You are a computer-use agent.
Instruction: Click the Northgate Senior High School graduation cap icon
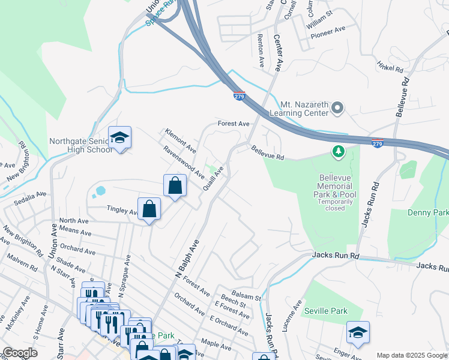[119, 138]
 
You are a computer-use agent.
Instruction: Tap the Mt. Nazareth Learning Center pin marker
[337, 109]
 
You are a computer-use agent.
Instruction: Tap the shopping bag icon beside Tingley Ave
[149, 209]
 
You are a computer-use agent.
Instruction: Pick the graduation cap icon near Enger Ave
[358, 332]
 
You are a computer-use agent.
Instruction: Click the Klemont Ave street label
[181, 139]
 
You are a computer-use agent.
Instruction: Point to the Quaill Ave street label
[215, 178]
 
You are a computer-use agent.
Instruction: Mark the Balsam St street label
[249, 296]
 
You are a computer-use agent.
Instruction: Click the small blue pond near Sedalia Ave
[99, 191]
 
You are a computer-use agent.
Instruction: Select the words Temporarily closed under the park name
[331, 205]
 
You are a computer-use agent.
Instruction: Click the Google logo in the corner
[20, 353]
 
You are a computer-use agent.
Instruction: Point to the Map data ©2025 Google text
[411, 355]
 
